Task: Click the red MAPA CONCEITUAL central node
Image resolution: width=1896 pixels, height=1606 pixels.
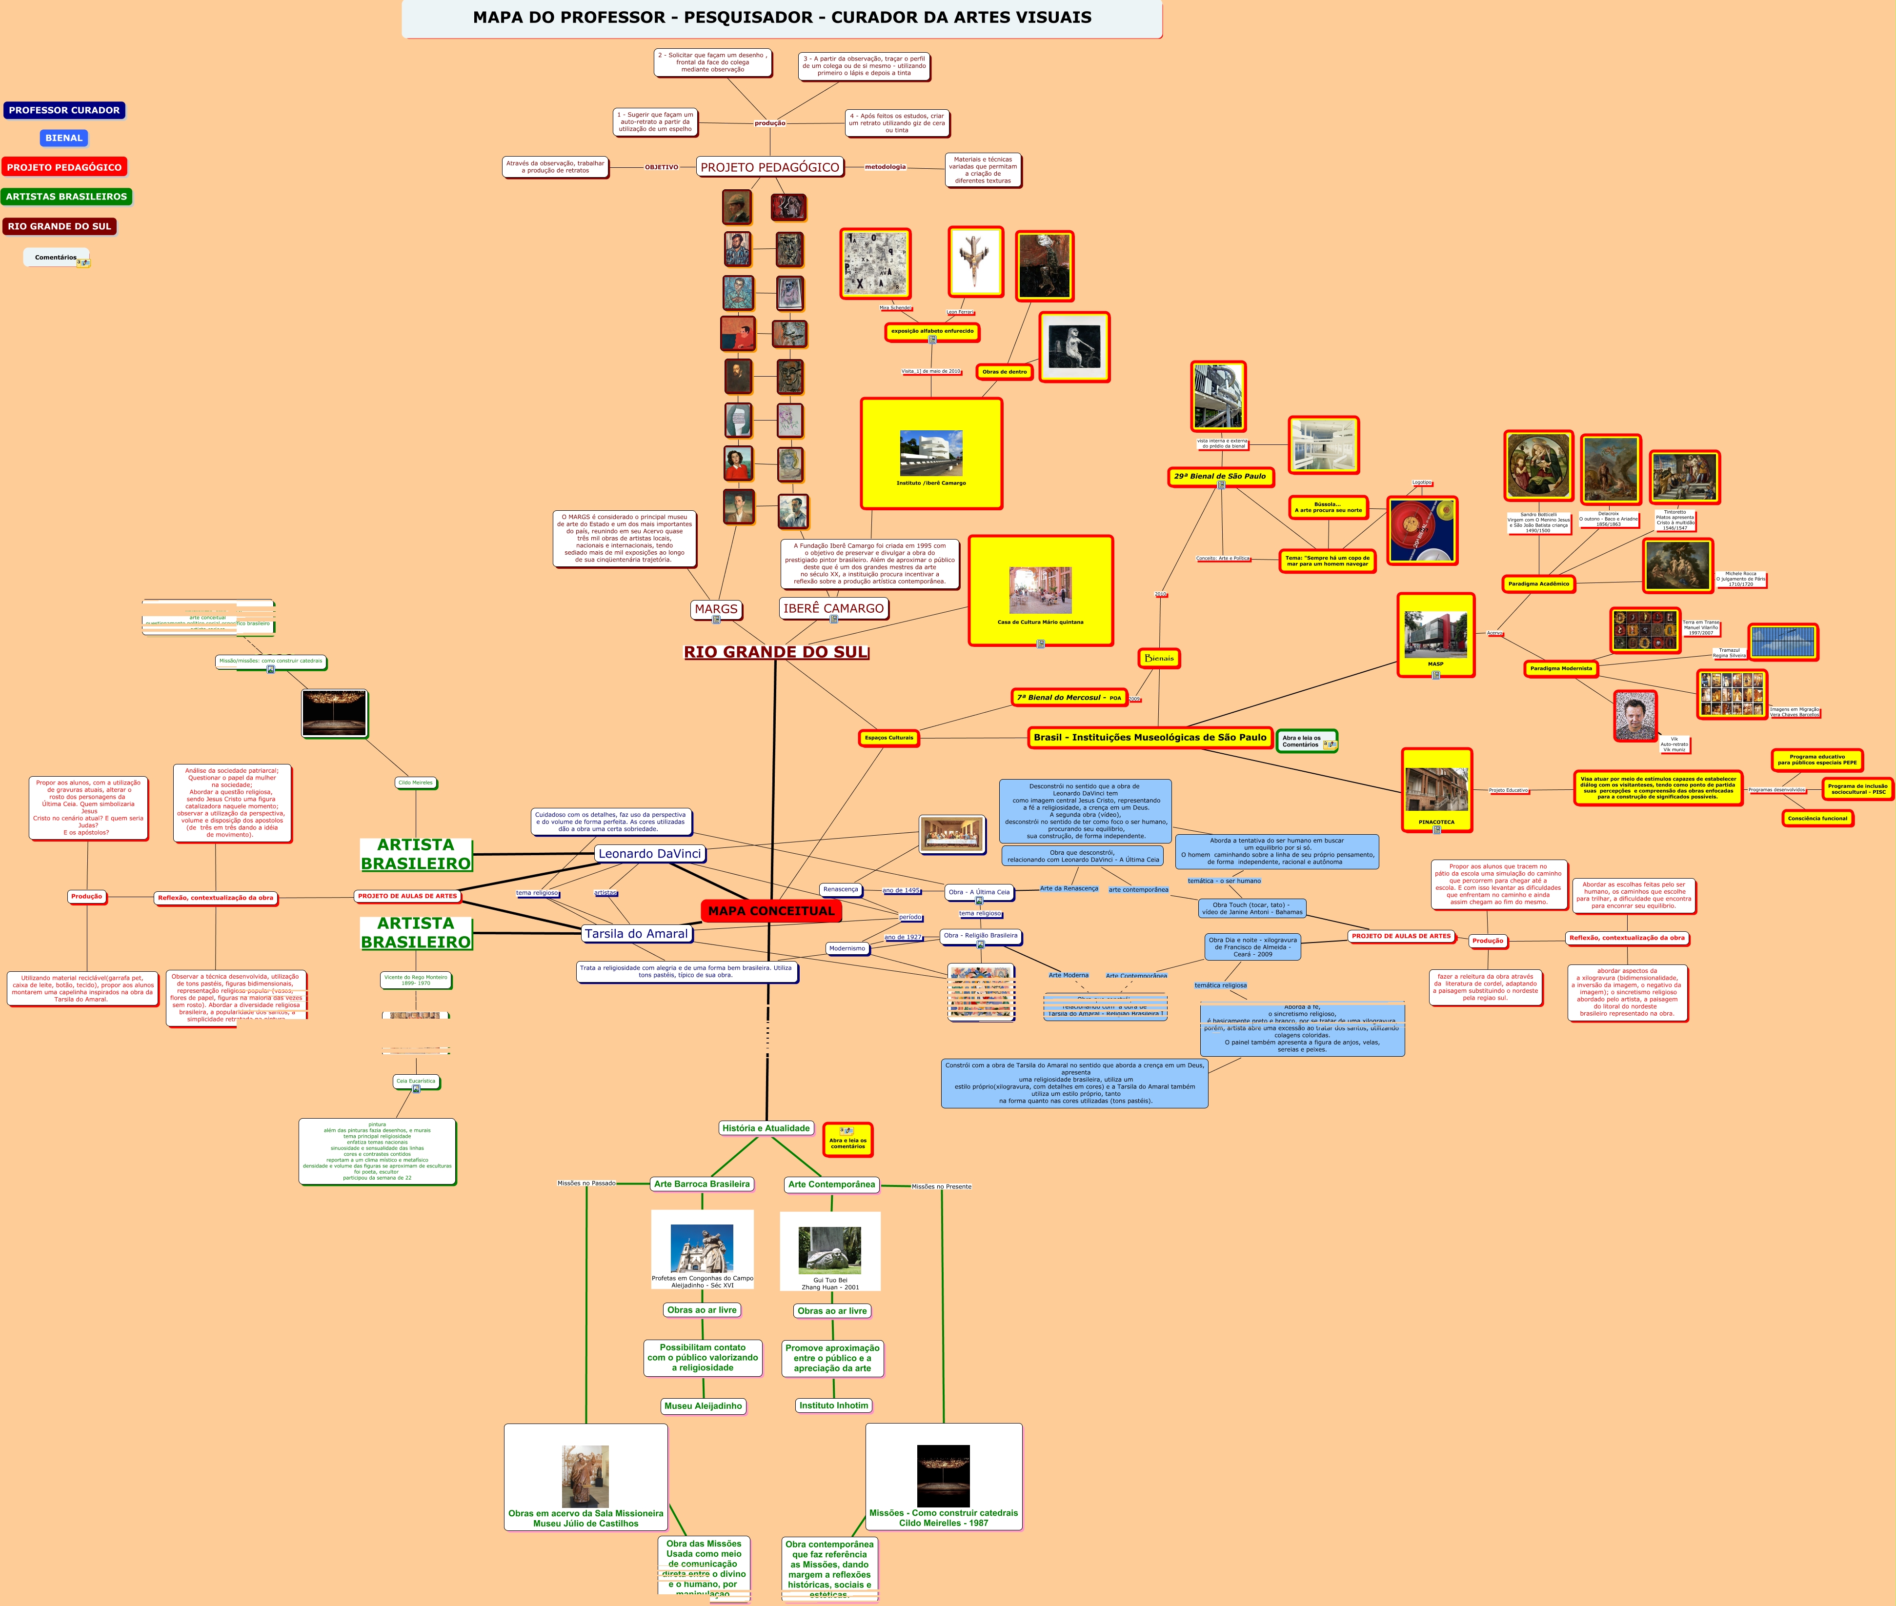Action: coord(770,910)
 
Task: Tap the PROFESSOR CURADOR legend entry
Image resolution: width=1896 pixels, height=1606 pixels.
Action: coord(64,110)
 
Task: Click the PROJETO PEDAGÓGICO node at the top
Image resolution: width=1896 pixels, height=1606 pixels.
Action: coord(769,167)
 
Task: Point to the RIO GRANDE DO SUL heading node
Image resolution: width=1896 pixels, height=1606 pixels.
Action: coord(776,652)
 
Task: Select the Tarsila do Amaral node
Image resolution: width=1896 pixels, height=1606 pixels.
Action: coord(637,933)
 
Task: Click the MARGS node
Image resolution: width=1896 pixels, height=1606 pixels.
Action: coord(716,609)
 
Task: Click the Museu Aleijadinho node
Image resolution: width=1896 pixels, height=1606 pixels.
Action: coord(703,1405)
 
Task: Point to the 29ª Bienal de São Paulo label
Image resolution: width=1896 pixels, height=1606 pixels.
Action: coord(1219,476)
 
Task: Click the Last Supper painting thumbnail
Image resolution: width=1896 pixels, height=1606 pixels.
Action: coord(951,834)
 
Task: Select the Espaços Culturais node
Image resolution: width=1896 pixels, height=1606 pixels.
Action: coord(888,738)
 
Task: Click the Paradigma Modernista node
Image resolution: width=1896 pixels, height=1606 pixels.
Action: coord(1561,668)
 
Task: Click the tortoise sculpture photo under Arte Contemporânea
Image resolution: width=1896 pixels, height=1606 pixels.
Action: coord(829,1249)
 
